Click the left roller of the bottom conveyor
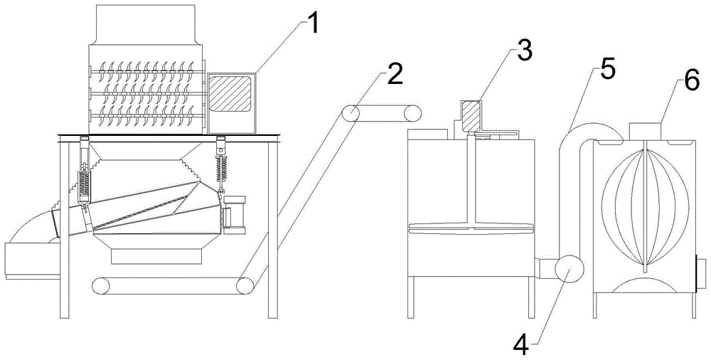point(102,285)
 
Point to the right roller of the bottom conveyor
point(246,285)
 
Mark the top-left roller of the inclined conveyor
point(349,114)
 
